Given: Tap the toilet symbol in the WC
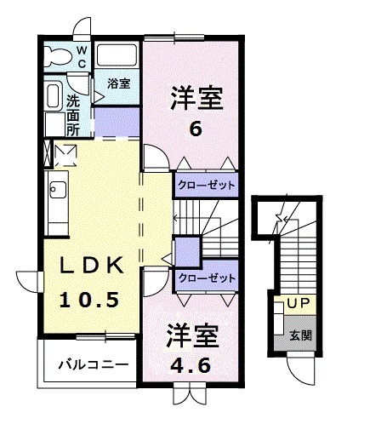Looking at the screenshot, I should click(59, 55).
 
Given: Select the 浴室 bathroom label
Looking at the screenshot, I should click(119, 83).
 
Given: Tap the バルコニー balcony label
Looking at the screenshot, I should click(94, 364).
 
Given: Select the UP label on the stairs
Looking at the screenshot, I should click(299, 303).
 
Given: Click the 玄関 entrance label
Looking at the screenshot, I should click(300, 335).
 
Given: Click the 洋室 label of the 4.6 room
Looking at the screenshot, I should click(193, 334).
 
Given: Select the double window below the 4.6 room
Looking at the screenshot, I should click(188, 394).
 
